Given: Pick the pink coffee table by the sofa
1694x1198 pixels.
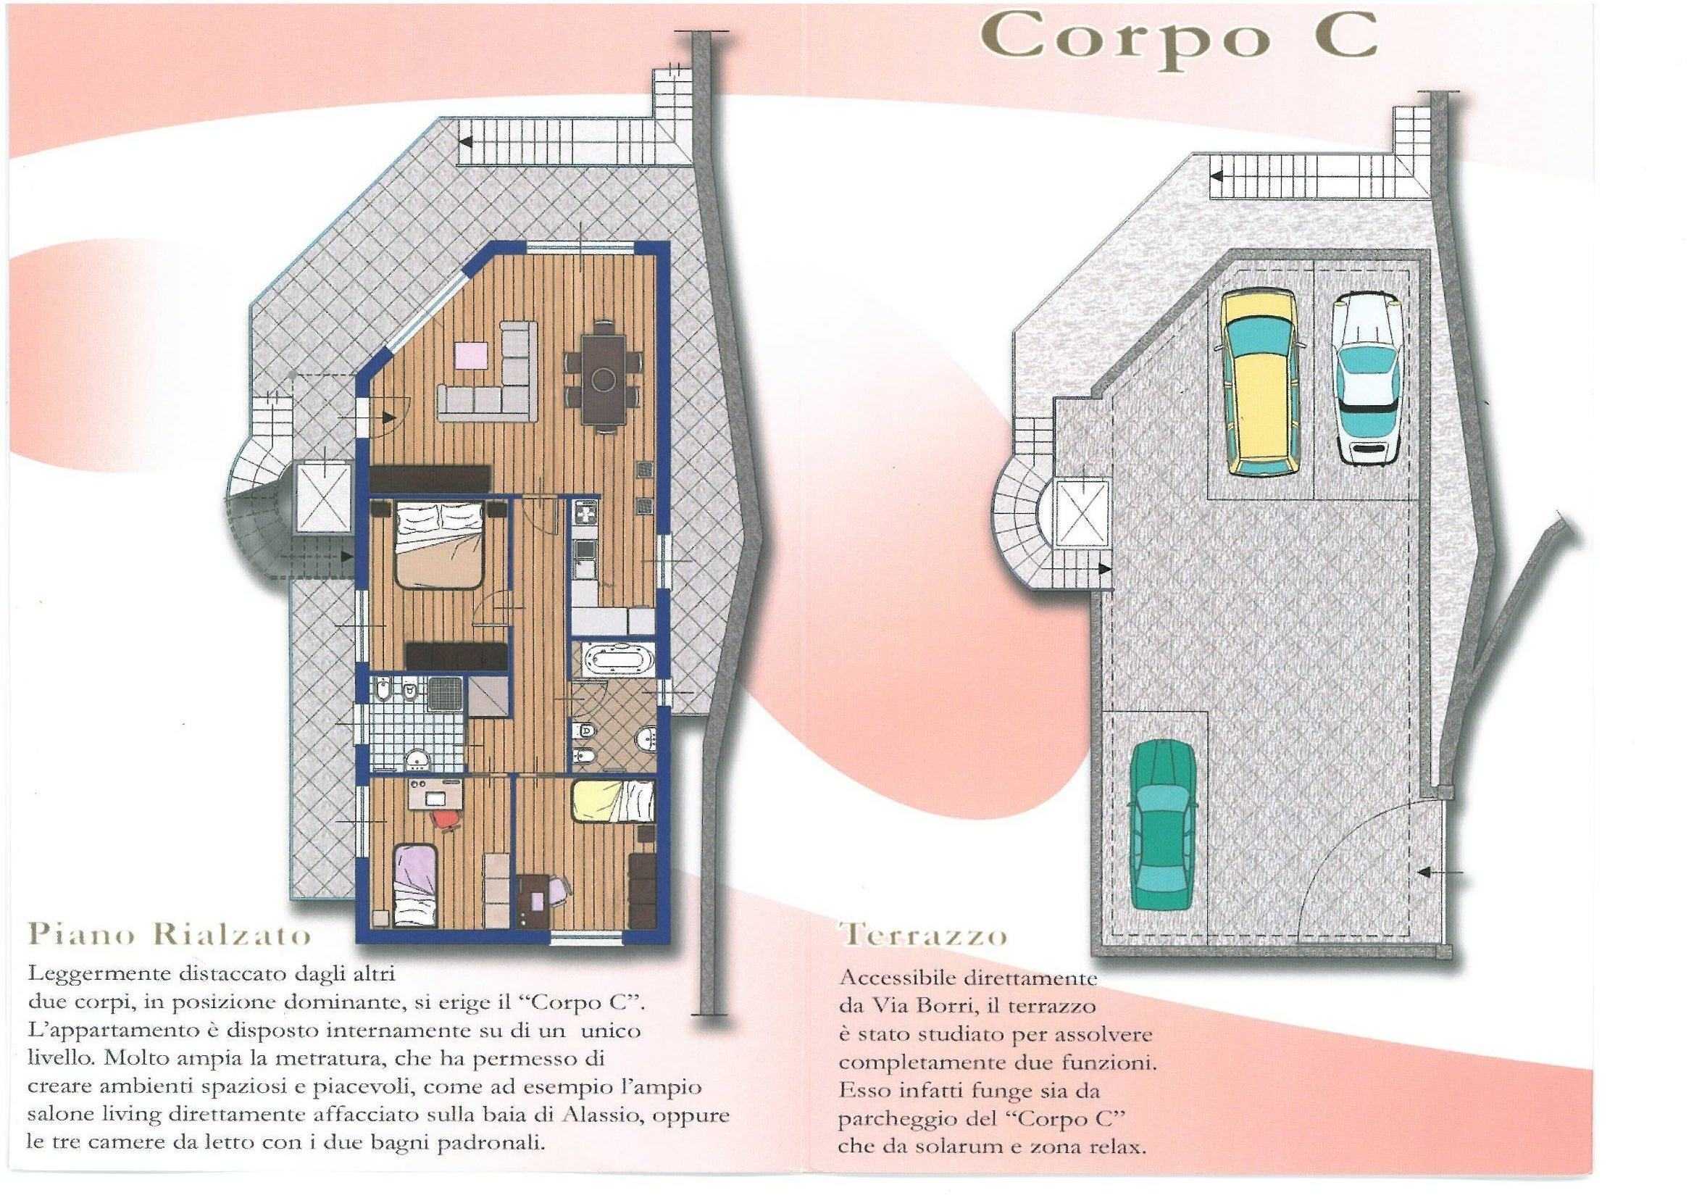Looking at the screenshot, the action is click(x=471, y=354).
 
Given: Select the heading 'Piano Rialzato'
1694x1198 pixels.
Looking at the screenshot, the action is click(x=170, y=935).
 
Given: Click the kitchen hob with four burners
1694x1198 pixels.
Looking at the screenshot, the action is click(x=584, y=512).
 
